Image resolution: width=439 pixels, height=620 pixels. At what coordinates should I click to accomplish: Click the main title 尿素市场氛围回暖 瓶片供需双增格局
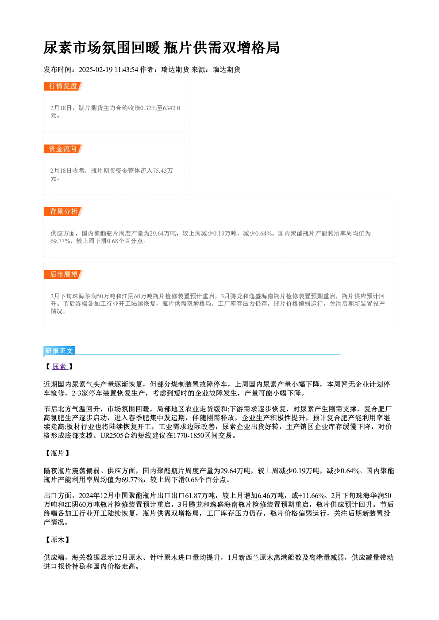tap(162, 48)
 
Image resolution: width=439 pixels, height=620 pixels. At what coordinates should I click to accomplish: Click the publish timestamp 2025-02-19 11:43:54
tap(108, 70)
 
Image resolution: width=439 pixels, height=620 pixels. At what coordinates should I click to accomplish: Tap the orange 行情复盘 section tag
tap(63, 86)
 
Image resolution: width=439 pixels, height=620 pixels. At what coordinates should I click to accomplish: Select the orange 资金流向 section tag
tap(63, 149)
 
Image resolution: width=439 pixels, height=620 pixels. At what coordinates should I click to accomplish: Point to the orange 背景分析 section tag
tap(63, 212)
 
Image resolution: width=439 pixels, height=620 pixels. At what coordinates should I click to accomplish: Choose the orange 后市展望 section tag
tap(63, 274)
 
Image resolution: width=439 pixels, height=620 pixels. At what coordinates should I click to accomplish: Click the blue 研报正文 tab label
tap(59, 351)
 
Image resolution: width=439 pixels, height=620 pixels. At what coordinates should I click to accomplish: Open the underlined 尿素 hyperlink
tap(60, 367)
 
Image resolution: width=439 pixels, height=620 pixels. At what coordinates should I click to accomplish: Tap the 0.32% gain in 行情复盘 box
tap(149, 108)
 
